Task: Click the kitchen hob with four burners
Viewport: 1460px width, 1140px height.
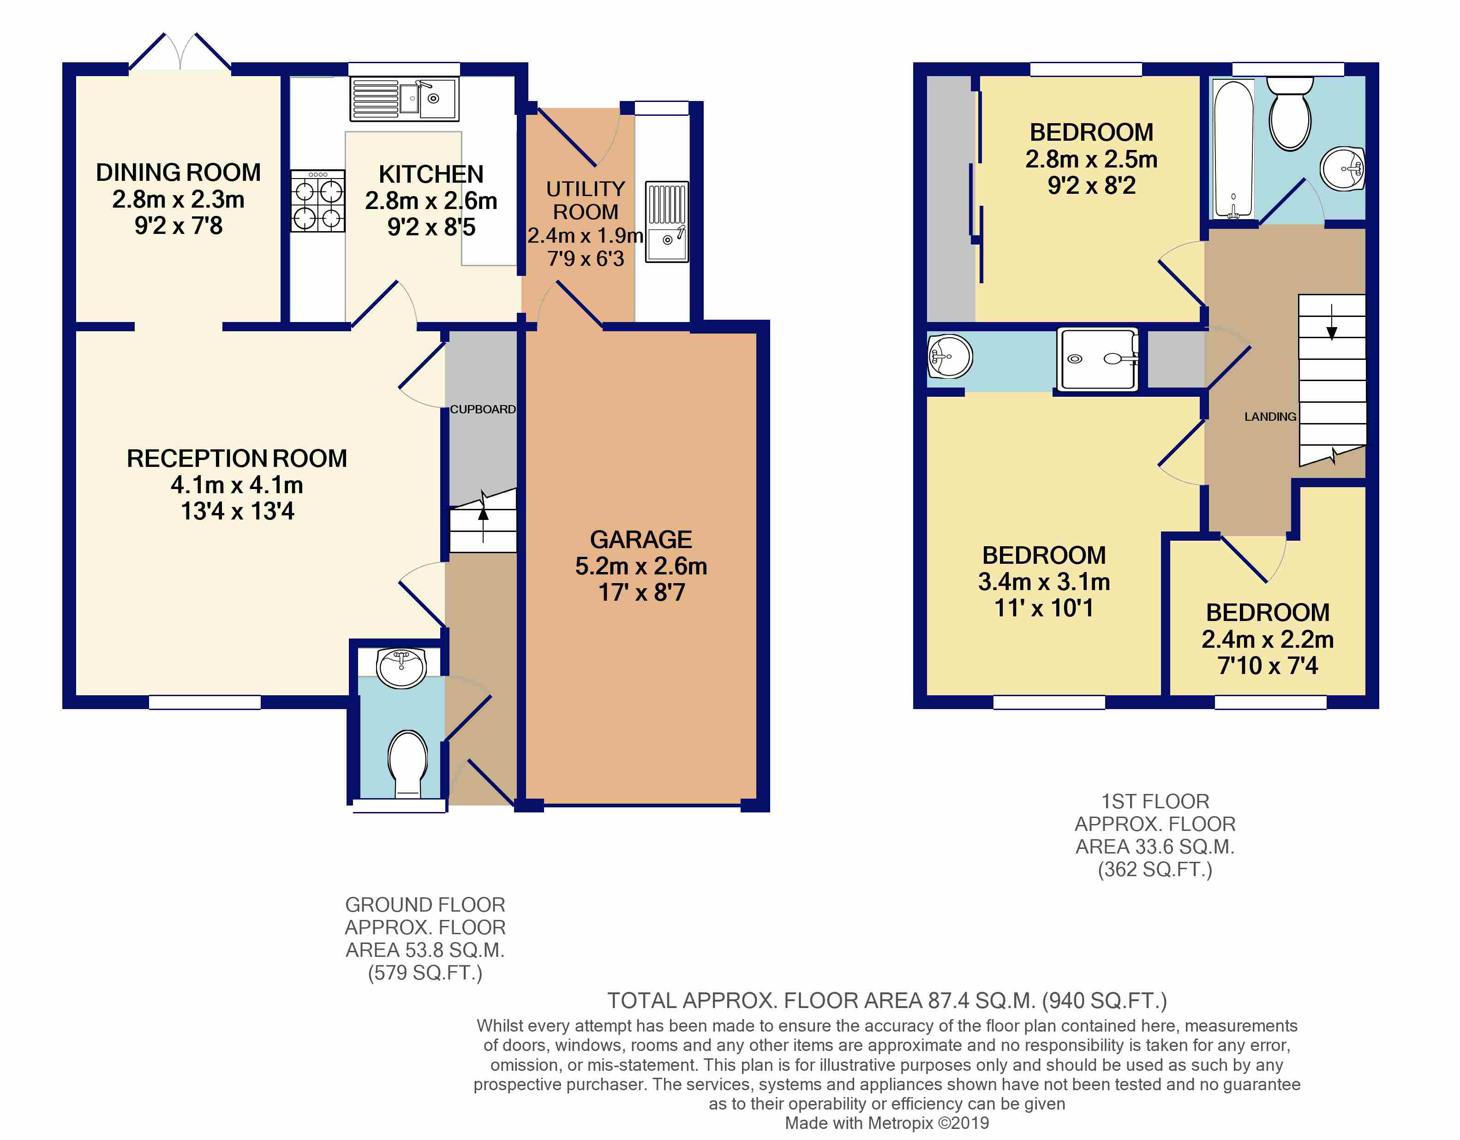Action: [x=317, y=201]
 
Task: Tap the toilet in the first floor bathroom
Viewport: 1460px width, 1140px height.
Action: [x=1290, y=113]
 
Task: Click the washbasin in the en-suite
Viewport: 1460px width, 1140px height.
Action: [x=950, y=356]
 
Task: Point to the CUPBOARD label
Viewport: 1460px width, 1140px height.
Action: [x=483, y=409]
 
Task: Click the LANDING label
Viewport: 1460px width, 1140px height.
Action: [x=1270, y=416]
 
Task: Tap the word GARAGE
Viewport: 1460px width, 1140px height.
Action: [x=640, y=539]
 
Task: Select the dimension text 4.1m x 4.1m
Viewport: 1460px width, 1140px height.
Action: [x=237, y=484]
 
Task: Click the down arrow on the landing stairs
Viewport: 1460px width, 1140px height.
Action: [x=1332, y=322]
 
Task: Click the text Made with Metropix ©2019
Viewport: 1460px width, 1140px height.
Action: [x=886, y=1123]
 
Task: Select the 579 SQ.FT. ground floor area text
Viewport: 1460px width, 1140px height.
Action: [x=425, y=972]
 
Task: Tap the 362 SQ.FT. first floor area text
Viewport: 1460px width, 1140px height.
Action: [x=1155, y=869]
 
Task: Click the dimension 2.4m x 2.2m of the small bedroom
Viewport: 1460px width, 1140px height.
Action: [x=1268, y=639]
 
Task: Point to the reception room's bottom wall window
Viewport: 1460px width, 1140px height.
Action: [x=204, y=702]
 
